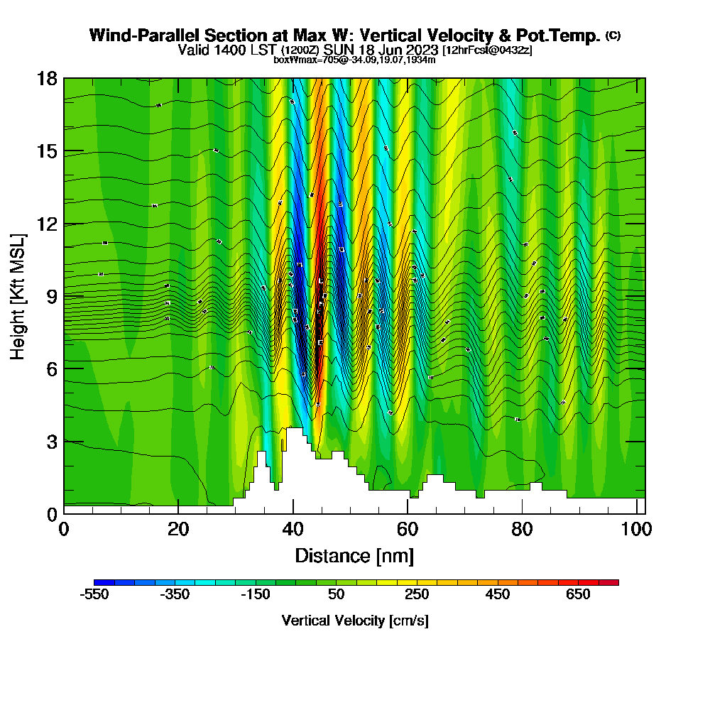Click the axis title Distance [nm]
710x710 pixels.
point(354,555)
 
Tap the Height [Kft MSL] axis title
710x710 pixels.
point(18,295)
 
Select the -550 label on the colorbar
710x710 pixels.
point(95,595)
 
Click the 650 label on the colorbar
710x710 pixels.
point(578,595)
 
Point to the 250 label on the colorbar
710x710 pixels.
point(417,595)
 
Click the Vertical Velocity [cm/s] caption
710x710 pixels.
point(354,621)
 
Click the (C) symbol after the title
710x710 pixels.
point(613,35)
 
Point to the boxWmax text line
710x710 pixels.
point(354,60)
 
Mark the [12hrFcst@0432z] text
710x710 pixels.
point(487,50)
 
